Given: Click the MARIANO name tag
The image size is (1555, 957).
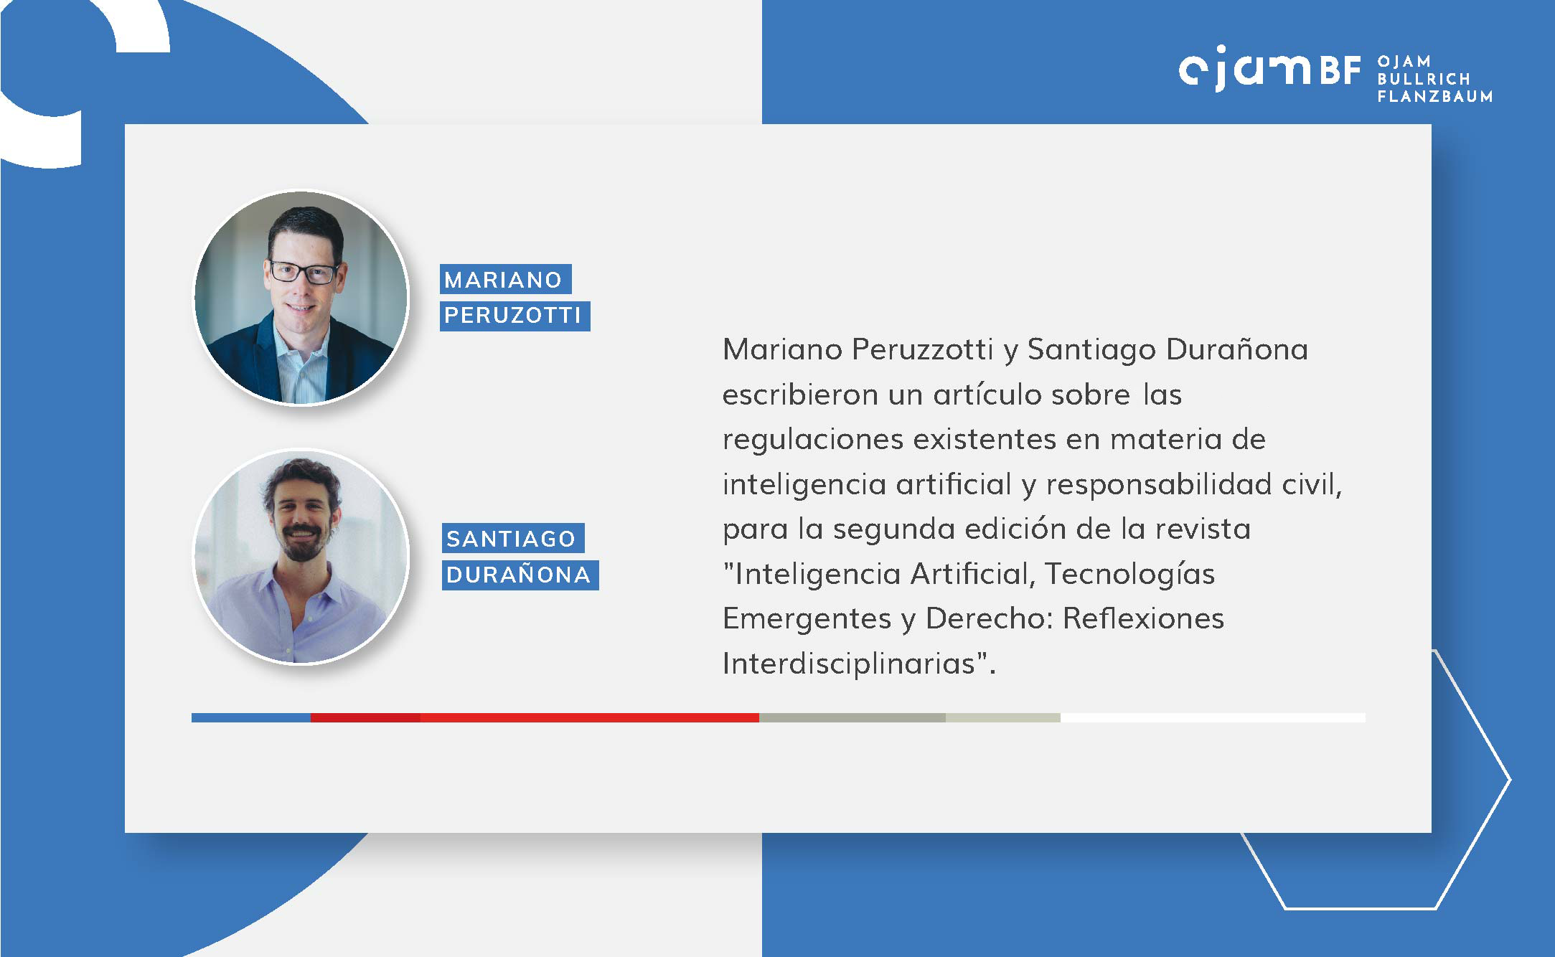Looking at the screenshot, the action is pos(505,279).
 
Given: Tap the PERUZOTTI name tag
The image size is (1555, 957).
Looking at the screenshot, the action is pos(515,316).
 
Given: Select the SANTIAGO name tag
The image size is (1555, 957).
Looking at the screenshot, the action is pos(512,538).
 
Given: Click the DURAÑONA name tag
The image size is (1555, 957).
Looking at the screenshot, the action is pos(520,575).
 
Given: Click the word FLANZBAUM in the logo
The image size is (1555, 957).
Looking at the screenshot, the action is pos(1435,96).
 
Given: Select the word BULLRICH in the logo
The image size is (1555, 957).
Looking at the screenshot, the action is pos(1424,79).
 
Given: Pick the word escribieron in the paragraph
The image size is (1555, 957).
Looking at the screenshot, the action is pos(799,395).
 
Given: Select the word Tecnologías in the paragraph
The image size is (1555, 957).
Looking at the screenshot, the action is pos(1129,575).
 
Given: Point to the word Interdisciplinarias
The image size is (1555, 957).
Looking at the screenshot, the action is pos(849,664).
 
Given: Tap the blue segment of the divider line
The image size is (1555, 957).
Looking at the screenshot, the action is pos(251,717).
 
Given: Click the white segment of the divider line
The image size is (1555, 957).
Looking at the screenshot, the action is pos(1213,717).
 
